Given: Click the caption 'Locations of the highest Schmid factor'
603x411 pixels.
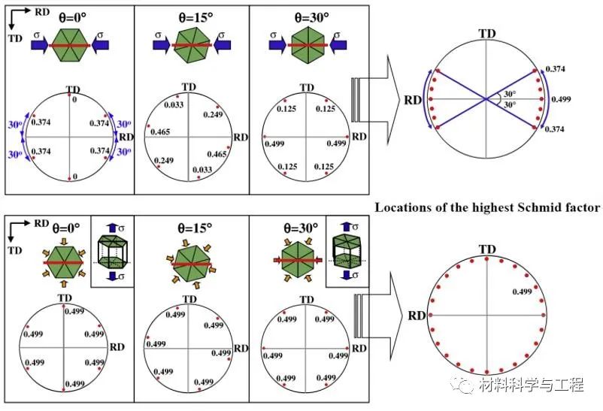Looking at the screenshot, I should [x=487, y=207].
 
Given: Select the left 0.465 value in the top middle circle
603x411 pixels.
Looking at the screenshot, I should [x=159, y=132].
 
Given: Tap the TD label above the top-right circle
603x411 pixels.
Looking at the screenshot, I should [x=487, y=33].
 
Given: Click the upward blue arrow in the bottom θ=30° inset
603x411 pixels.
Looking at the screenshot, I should [x=347, y=225].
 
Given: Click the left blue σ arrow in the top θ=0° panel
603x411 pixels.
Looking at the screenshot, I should [x=44, y=45].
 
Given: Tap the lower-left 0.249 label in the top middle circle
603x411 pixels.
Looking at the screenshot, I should [x=163, y=161].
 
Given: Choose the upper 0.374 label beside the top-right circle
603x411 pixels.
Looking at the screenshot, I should [x=556, y=69].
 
